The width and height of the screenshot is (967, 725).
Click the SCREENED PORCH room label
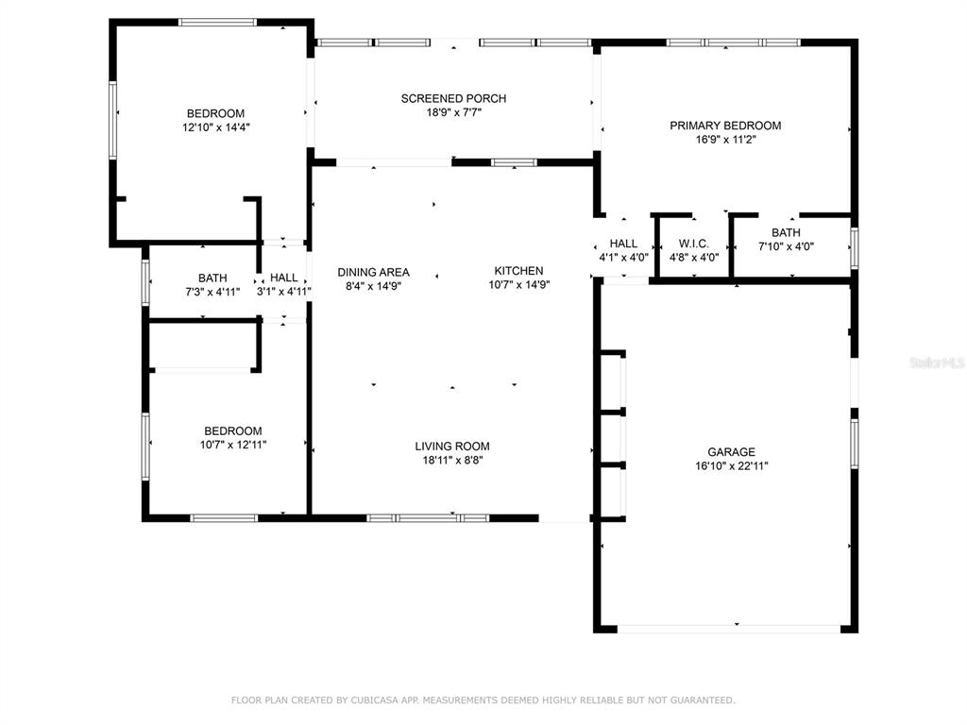[453, 98]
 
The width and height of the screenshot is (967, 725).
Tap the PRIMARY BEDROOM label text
[725, 126]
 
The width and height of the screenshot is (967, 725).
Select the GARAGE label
[732, 452]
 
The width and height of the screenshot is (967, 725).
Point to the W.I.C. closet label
[694, 244]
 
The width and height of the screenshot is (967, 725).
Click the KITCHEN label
[518, 271]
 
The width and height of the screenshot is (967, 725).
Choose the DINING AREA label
[373, 272]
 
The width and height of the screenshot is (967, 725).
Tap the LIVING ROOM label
[452, 446]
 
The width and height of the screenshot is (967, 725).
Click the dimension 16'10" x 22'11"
[732, 466]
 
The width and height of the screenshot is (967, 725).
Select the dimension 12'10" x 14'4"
[216, 127]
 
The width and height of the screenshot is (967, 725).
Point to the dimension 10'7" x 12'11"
[233, 445]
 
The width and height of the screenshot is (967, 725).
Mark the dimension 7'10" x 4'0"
[786, 246]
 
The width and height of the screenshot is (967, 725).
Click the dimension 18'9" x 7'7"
[453, 113]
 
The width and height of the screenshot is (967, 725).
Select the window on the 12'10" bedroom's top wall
[217, 23]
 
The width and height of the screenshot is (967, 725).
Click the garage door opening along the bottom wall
[729, 629]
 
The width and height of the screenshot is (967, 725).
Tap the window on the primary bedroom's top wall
[733, 42]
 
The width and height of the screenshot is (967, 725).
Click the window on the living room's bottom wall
[428, 518]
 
